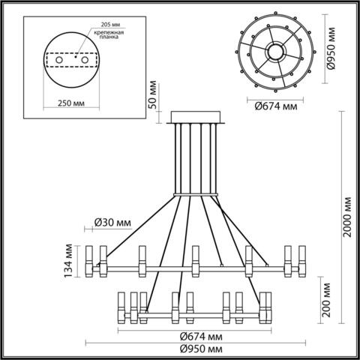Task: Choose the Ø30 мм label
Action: (113, 221)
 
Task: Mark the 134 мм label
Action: (69, 259)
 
